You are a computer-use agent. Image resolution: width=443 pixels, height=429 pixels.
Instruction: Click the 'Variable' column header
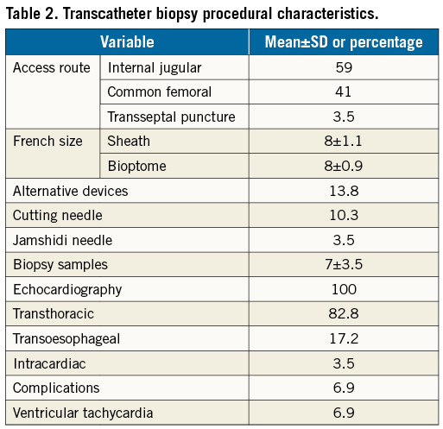(127, 42)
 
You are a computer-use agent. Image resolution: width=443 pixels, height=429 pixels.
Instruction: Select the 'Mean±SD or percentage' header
(344, 42)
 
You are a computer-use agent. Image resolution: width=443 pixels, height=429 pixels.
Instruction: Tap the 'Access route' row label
(52, 68)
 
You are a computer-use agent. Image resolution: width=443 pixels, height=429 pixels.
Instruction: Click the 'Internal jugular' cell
(155, 68)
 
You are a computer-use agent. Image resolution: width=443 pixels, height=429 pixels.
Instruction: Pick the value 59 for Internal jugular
(344, 67)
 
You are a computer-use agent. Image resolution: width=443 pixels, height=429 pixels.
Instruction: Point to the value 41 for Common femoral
(343, 92)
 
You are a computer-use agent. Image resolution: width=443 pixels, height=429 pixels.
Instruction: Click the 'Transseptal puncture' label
(171, 117)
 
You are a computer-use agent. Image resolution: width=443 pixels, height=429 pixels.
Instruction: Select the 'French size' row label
(47, 141)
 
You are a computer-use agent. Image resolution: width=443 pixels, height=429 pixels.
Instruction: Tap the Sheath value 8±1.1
(343, 141)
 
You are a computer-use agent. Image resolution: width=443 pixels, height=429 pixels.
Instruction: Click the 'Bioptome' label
(137, 166)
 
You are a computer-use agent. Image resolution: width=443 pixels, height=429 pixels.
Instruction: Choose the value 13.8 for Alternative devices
(344, 191)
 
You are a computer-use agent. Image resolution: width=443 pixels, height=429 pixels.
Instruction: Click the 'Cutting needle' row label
(58, 216)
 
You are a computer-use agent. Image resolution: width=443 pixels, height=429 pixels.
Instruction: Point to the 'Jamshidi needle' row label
(62, 240)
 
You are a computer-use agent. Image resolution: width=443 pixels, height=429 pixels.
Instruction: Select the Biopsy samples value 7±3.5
(344, 264)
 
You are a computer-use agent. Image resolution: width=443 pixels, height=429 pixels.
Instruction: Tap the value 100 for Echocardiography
(344, 289)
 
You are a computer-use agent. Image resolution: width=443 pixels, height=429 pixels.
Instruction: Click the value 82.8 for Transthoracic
(344, 313)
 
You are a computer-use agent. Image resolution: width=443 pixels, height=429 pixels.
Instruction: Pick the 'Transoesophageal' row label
(66, 339)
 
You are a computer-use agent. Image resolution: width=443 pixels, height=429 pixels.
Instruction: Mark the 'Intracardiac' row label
(49, 363)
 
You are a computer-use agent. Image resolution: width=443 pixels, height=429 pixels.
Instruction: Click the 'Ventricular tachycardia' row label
(83, 413)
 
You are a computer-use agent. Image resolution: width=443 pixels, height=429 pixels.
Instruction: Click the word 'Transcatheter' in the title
(107, 13)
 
